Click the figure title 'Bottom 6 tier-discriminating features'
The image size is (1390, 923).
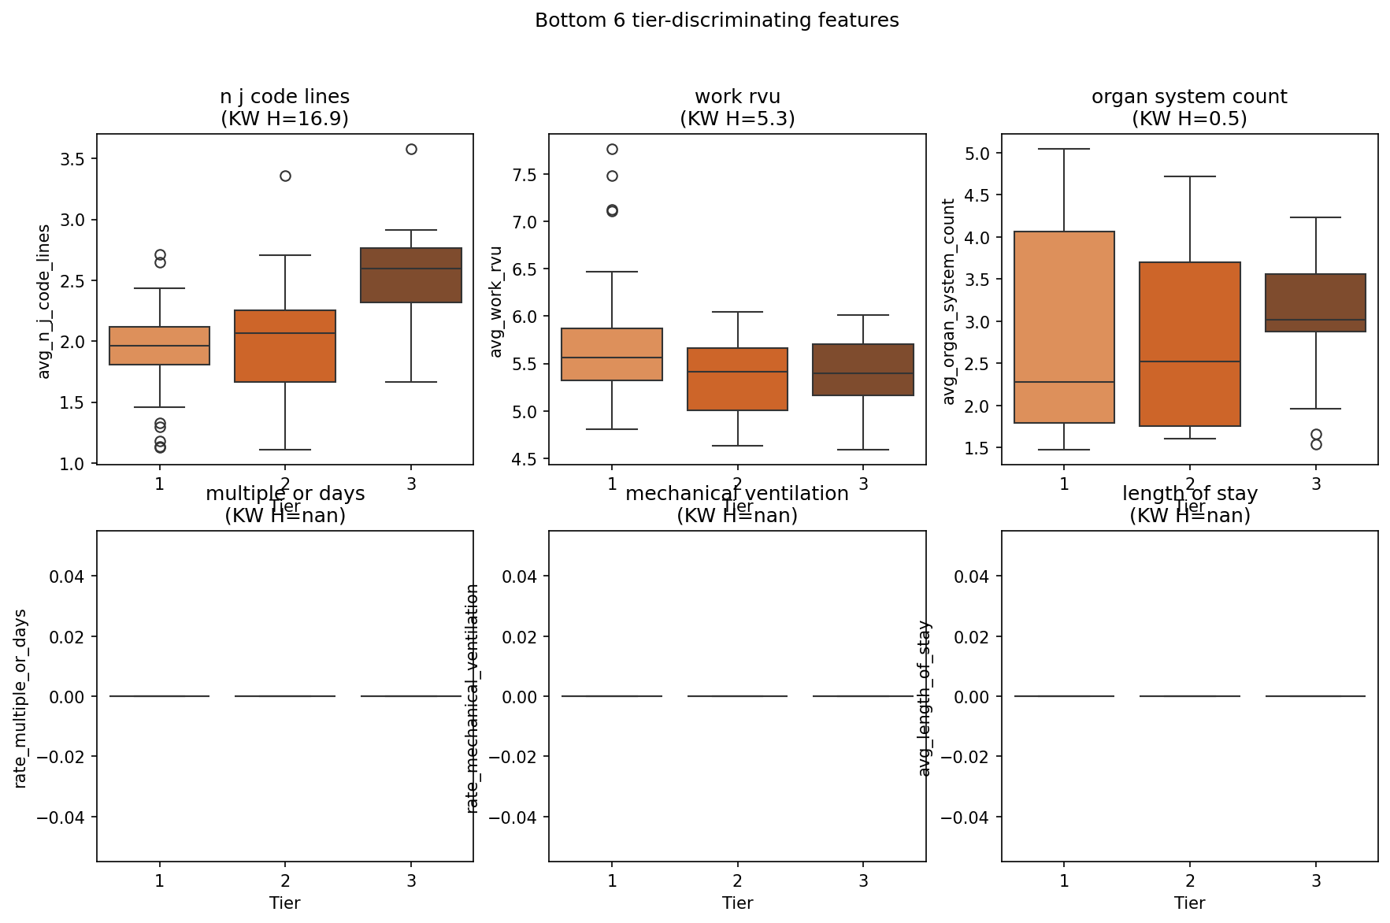[x=717, y=20]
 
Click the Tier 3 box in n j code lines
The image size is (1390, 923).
[x=411, y=275]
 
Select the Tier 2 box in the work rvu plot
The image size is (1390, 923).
[x=737, y=379]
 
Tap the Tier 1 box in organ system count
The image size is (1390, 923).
[x=1064, y=327]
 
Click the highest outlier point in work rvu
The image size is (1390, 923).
[x=612, y=149]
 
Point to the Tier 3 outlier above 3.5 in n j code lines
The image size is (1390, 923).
[x=411, y=149]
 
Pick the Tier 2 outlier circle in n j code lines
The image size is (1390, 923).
[x=285, y=176]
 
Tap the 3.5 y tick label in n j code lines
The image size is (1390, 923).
[x=73, y=159]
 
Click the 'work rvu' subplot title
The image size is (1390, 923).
[x=737, y=97]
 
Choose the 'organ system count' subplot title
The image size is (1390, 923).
[x=1189, y=97]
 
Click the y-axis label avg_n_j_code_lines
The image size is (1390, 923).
[x=44, y=301]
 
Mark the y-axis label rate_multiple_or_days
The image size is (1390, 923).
[x=20, y=698]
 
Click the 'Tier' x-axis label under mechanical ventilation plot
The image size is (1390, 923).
[x=737, y=903]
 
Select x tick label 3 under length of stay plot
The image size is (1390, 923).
[x=1315, y=880]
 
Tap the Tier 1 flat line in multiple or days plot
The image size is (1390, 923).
[x=159, y=696]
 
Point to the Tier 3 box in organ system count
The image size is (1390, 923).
[x=1315, y=302]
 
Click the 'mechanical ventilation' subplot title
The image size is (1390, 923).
[x=737, y=494]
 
